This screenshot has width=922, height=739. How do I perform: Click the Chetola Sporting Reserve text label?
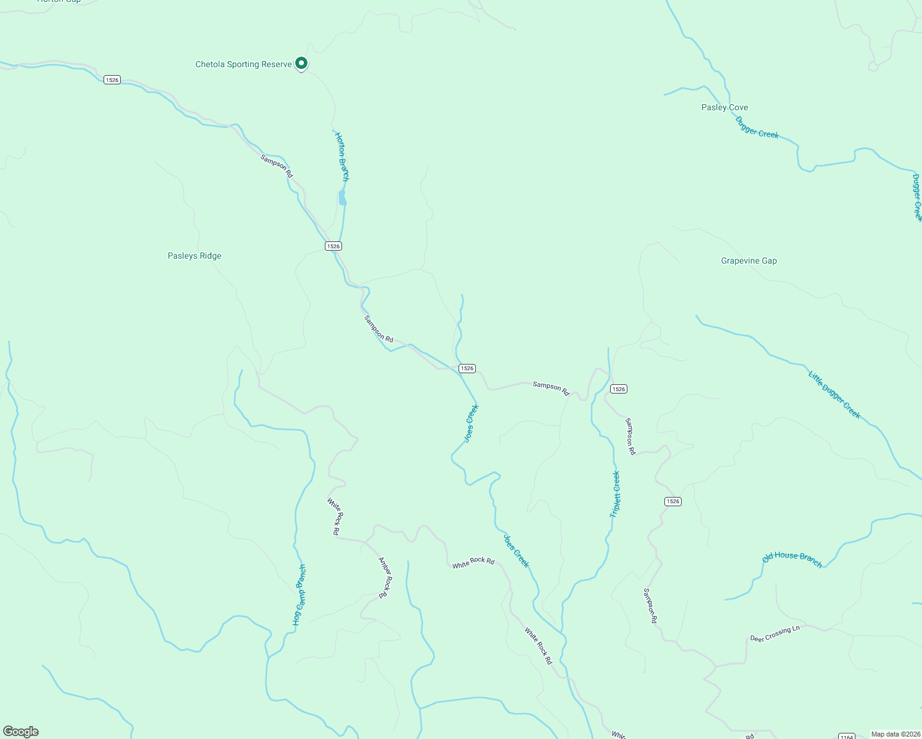point(243,64)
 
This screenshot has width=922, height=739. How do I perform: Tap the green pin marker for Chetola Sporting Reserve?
point(301,63)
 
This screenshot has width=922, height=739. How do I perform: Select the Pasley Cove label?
point(724,107)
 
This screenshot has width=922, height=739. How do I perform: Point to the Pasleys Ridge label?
point(194,256)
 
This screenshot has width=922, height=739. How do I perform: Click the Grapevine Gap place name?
point(749,260)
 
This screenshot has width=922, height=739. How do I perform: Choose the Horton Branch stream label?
point(342,156)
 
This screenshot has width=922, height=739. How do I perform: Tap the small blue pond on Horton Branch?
point(342,198)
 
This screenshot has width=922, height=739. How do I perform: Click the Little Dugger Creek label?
point(834,394)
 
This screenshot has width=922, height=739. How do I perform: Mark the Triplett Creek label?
point(615,494)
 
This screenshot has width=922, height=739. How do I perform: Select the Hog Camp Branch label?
point(299,595)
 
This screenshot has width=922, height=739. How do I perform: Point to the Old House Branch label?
point(792,559)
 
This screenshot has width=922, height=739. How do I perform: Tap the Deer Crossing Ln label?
point(775,634)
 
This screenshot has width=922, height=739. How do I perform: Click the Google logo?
point(20,732)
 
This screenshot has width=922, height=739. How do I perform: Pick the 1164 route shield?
point(847,737)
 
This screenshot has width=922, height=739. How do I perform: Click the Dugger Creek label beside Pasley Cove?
point(757,127)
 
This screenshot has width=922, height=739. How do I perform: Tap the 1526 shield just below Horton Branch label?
point(333,246)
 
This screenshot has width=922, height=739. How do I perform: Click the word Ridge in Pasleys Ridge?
point(210,256)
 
